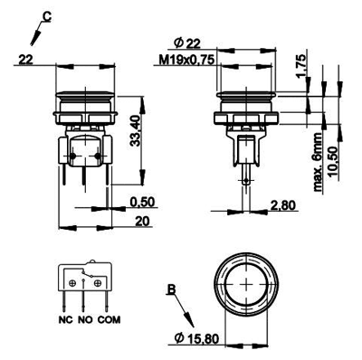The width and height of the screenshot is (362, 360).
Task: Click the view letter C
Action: pos(46,17)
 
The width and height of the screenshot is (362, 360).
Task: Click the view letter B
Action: pos(171,289)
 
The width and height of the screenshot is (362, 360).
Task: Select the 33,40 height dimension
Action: pos(136,131)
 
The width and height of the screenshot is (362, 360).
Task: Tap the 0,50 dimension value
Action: pos(142,202)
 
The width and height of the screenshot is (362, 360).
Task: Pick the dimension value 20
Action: pos(142,222)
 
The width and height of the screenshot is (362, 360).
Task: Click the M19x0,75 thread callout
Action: pos(186,60)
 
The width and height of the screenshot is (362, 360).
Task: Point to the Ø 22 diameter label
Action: pos(187,44)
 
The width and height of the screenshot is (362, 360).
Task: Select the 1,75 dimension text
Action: pos(301,66)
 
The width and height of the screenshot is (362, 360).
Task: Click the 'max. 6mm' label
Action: pos(319,162)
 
